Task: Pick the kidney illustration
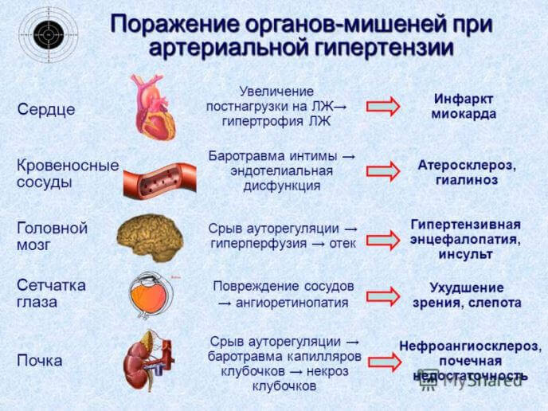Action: coord(147,360)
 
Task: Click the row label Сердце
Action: coord(46,110)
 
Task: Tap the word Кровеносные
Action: coord(68,165)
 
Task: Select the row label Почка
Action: coord(40,360)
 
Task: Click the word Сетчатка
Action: coord(51,285)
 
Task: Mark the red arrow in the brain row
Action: coord(382,238)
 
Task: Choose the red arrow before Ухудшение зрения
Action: coord(382,296)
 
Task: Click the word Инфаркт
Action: coord(464,98)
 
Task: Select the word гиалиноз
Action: coord(467,180)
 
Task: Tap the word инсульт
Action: coord(465,254)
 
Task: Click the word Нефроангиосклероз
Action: coord(470,346)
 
